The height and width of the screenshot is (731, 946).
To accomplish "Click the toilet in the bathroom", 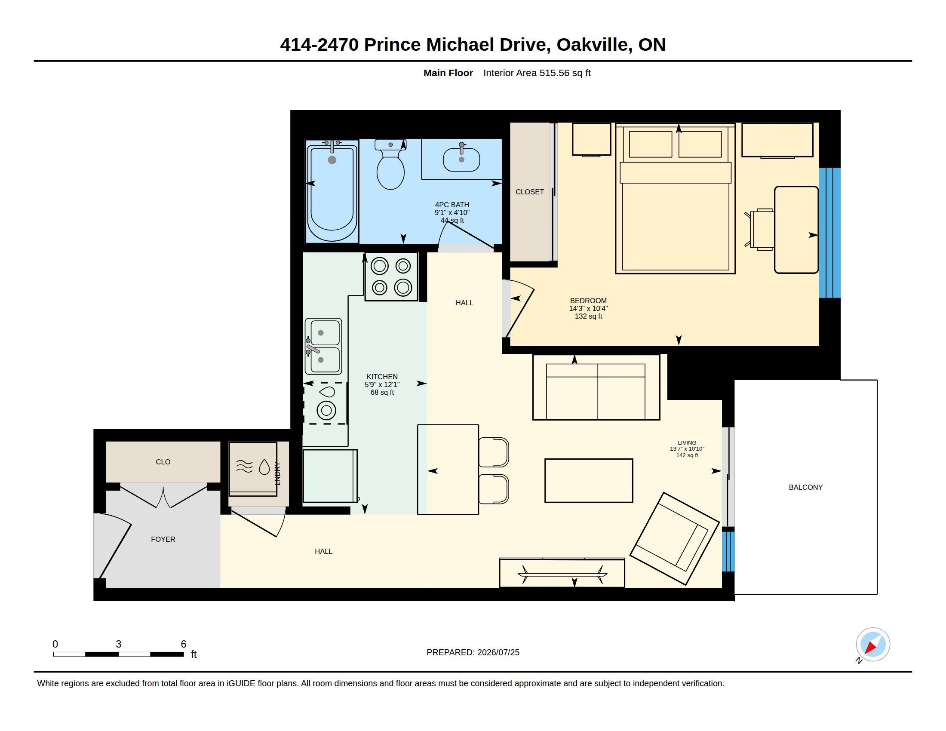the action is coord(391,165).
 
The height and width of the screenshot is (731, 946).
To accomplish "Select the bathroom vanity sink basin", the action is coord(461,160).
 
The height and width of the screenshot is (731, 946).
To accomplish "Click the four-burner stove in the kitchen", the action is coord(391,277).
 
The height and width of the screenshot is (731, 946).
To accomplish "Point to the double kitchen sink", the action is coord(323,347).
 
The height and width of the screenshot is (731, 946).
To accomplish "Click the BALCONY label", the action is coord(806,487).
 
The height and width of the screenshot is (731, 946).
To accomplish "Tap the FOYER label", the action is coord(163,539).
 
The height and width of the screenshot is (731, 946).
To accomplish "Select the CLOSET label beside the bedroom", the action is coord(529,192).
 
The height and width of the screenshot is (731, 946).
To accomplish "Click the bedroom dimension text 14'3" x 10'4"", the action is coord(588,308).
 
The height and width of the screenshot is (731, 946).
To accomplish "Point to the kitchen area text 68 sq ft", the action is coord(382,392).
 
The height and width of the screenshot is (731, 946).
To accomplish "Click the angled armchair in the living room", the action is coord(674,539).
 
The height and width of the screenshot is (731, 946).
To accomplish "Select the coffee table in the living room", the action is coord(589,481).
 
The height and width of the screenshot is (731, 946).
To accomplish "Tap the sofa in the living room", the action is coord(596,387).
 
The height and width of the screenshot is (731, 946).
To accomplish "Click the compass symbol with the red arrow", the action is coord(872,645).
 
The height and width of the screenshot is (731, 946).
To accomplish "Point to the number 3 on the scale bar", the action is coord(118,644).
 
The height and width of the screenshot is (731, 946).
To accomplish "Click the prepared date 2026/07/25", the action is coord(498,652).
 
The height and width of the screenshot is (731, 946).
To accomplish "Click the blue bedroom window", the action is coord(829,233).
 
